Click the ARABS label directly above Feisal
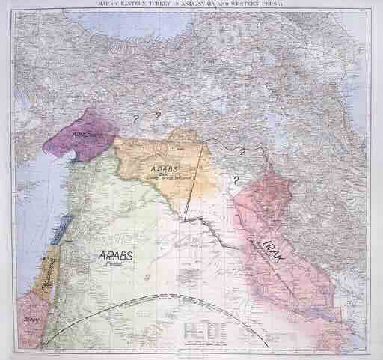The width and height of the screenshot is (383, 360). coord(117,256)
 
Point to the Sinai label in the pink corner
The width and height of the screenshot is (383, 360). coord(31,320)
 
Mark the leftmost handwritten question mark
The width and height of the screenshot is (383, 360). coord(135,118)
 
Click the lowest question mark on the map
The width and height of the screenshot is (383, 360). coord(234,180)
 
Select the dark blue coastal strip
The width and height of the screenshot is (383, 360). coord(66,222)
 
